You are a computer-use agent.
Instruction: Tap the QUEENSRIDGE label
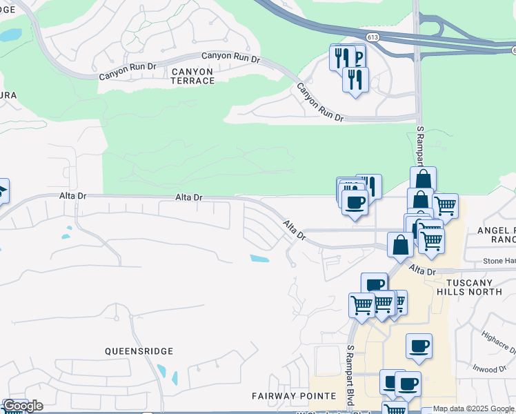coord(139,351)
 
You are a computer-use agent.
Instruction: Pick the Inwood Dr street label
coord(490,369)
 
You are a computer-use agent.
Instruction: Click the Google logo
coord(23,406)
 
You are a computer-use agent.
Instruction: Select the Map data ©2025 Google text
coord(474,408)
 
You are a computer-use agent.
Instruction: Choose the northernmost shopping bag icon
coord(423,179)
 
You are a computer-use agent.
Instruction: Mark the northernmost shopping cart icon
coord(446,205)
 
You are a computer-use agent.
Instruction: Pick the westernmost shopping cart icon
coord(361,304)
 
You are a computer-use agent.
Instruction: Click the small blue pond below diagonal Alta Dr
coord(259,259)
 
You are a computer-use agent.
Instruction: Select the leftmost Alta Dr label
coord(72,196)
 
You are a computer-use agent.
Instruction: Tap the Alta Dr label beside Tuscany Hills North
coord(421,270)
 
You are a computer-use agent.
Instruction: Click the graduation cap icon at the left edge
coord(2,190)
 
